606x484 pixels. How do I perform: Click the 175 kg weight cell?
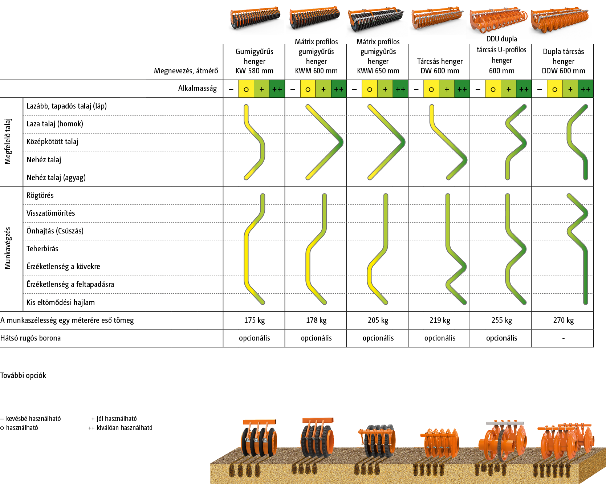[254, 320]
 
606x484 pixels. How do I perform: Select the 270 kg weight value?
[563, 320]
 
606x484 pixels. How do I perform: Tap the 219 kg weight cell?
[440, 320]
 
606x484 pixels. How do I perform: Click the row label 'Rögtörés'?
[40, 195]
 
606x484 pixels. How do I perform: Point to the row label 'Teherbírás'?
[42, 249]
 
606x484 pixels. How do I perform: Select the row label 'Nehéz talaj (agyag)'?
[56, 178]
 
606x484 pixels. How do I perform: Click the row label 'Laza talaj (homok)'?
[54, 124]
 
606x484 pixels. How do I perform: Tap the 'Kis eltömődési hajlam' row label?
[60, 302]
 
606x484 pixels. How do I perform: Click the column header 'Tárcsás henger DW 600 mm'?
[440, 66]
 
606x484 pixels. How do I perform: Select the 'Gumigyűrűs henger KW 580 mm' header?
[254, 61]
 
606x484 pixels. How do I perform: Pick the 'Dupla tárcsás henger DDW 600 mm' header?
[563, 61]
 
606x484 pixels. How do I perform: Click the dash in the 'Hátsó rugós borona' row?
[563, 338]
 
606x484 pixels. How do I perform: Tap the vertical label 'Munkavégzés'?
[8, 248]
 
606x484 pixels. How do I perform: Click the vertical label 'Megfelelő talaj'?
[8, 141]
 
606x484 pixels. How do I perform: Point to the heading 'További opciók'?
[23, 375]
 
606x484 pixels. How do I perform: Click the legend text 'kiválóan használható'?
[124, 428]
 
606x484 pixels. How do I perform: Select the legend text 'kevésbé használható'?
[33, 419]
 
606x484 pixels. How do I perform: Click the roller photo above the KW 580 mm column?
[256, 20]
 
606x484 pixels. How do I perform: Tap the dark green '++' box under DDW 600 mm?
[585, 89]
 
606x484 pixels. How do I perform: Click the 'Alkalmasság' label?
[197, 88]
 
